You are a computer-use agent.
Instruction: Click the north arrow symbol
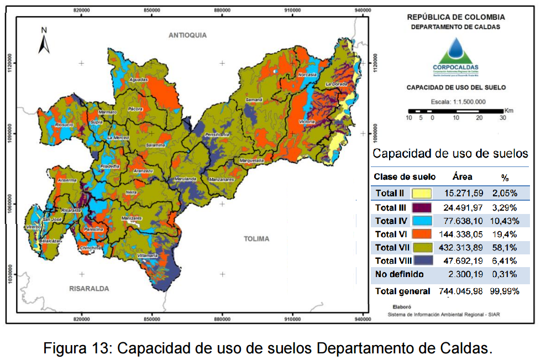click(x=44, y=41)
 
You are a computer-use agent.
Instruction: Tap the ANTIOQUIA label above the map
click(x=187, y=35)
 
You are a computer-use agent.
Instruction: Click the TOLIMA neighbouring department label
click(x=256, y=239)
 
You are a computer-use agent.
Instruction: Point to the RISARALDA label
click(x=89, y=288)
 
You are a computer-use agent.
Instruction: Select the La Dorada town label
click(x=335, y=84)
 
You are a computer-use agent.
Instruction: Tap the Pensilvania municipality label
click(x=217, y=134)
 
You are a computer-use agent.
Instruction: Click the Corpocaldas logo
click(x=456, y=55)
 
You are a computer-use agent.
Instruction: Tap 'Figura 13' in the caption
click(x=77, y=348)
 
